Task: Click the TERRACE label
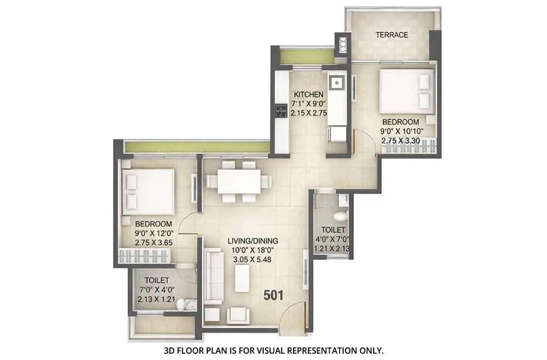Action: [392, 35]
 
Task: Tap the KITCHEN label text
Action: [309, 94]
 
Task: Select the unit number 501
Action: [273, 295]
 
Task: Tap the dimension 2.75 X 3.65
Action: [154, 242]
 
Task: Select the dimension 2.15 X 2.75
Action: [309, 113]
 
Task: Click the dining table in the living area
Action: [238, 181]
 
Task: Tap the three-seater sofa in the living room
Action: [214, 276]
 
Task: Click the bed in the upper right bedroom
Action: [406, 92]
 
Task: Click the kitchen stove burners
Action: [281, 110]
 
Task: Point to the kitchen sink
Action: [336, 82]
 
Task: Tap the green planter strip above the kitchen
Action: [306, 56]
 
